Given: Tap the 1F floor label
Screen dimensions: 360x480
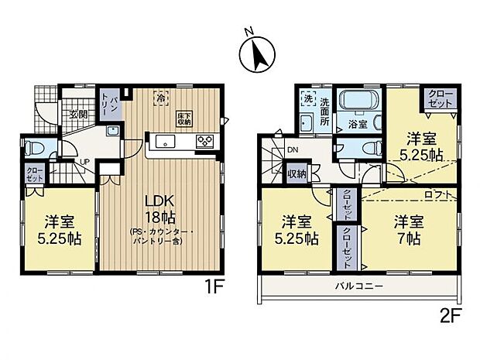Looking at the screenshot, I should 214,286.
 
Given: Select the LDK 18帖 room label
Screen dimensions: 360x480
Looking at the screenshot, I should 161,208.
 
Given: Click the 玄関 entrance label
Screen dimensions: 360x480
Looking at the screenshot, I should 78,115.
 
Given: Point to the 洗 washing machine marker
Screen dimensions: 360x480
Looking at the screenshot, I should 307,98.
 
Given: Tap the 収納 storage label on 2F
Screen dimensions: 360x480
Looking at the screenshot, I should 297,173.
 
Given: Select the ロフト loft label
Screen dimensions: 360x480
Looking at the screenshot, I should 434,193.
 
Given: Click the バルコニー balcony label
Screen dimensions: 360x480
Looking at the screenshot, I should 357,286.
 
